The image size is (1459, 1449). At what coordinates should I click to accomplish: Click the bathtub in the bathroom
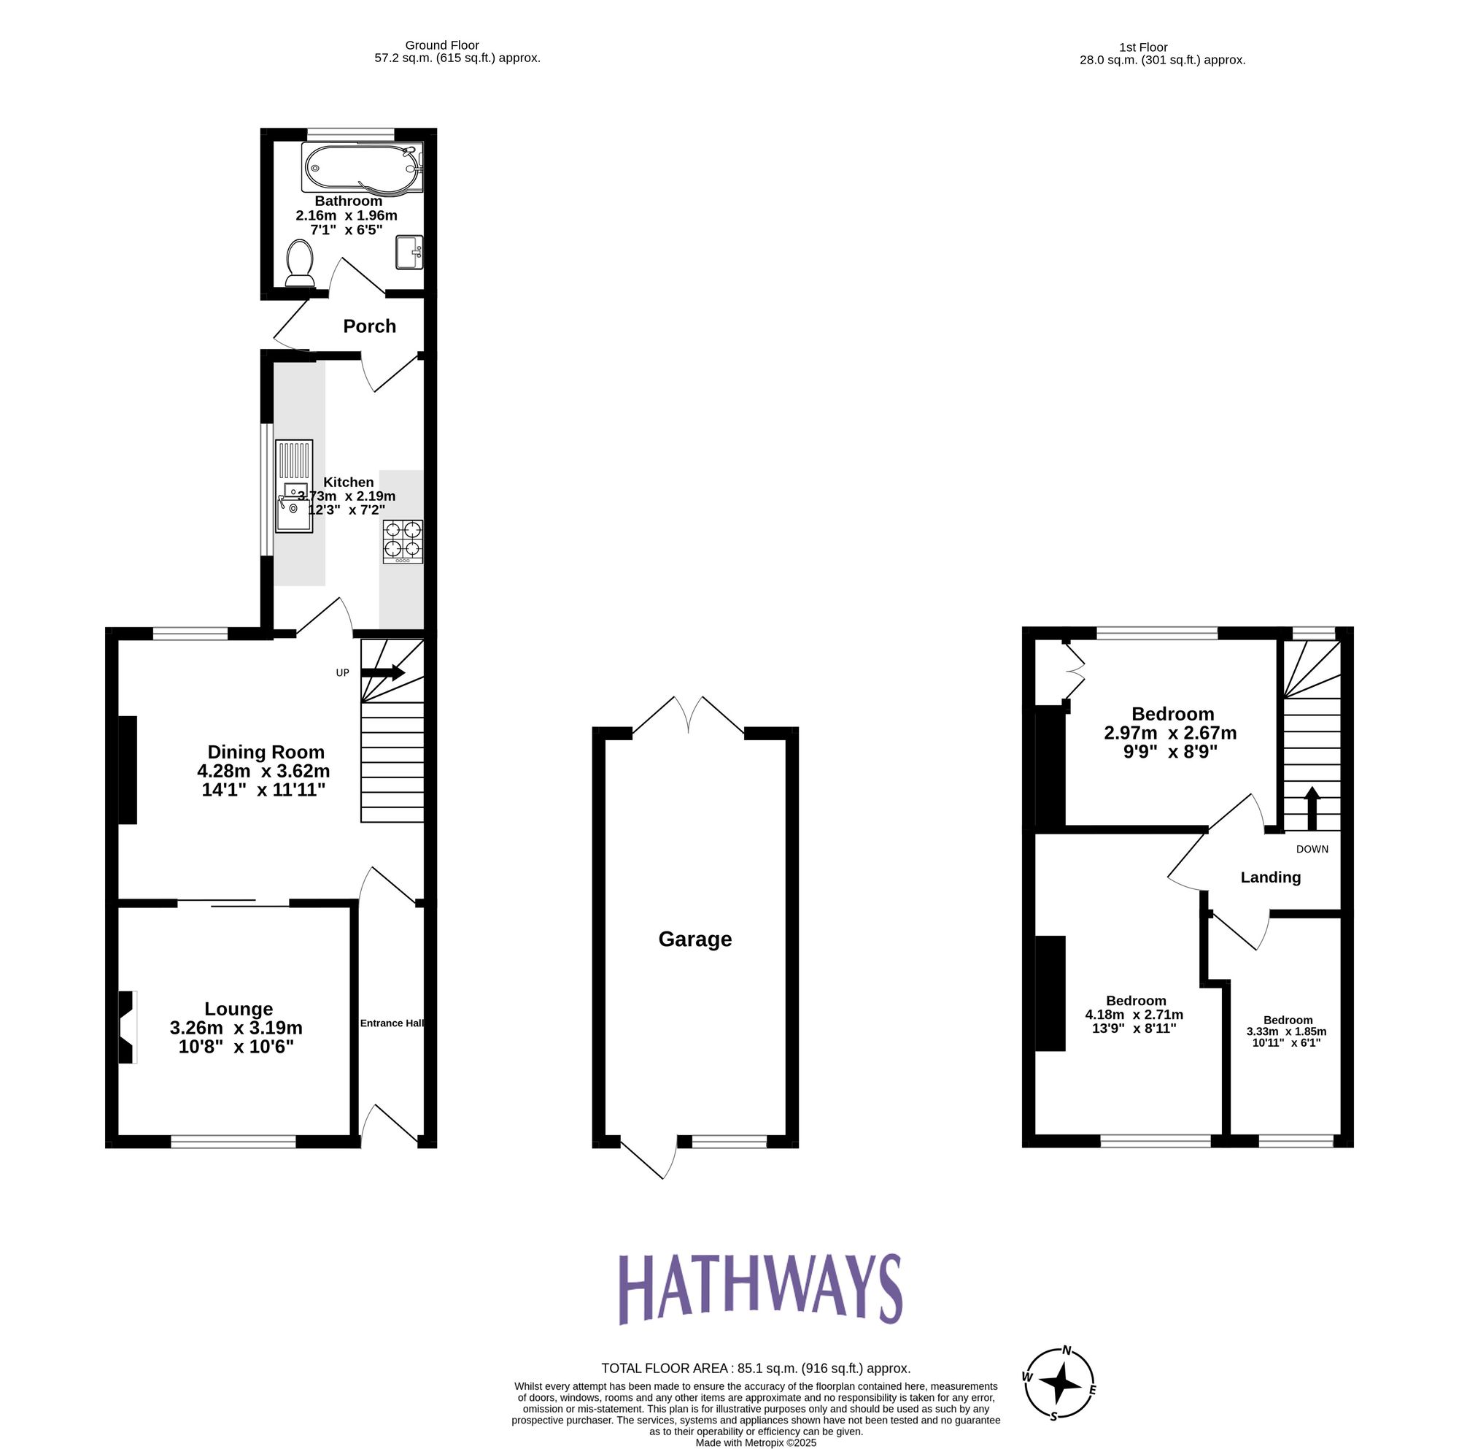point(362,168)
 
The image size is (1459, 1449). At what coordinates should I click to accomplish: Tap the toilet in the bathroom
point(300,264)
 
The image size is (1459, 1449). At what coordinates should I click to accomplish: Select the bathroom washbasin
point(409,253)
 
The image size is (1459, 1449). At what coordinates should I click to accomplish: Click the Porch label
point(369,326)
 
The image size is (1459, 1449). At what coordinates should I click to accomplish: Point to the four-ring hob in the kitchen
point(403,541)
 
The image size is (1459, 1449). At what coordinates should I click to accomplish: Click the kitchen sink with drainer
point(294,488)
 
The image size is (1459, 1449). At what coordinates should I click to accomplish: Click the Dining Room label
point(266,752)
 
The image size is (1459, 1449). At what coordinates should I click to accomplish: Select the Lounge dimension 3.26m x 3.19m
point(236,1028)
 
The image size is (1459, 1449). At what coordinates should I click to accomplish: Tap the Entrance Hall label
point(391,1023)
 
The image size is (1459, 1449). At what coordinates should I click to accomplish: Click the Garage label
point(694,939)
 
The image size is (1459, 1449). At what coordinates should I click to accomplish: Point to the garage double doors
point(688,714)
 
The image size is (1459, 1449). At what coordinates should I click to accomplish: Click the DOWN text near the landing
point(1312,849)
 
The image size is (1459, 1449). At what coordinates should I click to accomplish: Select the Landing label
point(1270,877)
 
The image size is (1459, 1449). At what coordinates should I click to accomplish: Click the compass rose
point(1059,1384)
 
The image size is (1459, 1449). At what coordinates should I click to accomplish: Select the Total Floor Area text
point(755,1368)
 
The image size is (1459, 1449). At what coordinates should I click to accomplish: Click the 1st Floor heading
point(1144,47)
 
